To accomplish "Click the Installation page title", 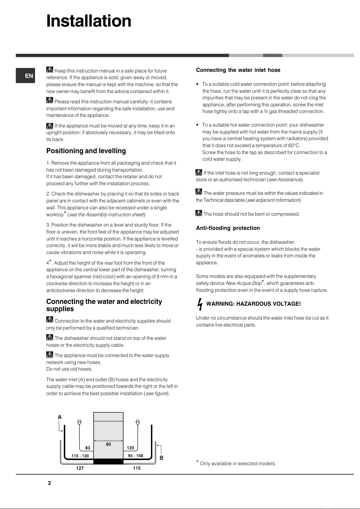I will [89, 21].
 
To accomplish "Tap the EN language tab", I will [29, 76].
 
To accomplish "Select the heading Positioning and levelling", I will [86, 151].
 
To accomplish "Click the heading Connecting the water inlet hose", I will [238, 70].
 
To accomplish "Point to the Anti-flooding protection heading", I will [228, 228].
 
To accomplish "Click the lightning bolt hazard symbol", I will [200, 304].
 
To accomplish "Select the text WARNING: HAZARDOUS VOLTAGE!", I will [253, 304].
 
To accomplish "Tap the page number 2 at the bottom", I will [50, 483].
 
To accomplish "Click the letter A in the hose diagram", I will [60, 417].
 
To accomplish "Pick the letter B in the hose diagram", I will [162, 458].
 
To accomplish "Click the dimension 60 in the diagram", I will [108, 444].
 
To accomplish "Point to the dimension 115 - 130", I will [80, 456].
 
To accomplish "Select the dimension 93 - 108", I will [135, 456].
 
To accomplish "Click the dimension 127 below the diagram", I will [80, 468].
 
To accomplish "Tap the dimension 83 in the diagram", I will [88, 448].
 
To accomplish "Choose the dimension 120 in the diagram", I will [130, 448].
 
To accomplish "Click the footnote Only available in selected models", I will [238, 464].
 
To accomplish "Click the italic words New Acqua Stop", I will [243, 283].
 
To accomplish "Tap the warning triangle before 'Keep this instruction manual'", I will [50, 70].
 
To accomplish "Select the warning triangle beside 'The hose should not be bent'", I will [199, 213].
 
